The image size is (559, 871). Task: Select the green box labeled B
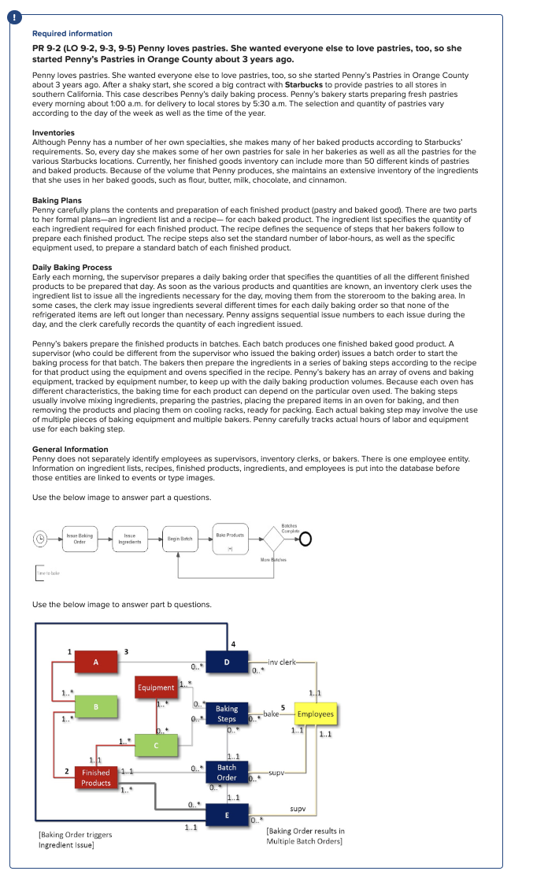96,706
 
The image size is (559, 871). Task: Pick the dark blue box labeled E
227,815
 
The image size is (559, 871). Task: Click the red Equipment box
156,687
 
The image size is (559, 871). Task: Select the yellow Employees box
314,714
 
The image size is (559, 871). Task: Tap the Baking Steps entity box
227,713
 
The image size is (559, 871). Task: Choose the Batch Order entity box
227,772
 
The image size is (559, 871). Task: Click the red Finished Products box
96,777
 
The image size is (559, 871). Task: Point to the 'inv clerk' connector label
282,662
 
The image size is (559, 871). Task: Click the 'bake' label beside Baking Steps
271,713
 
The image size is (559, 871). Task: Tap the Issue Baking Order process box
80,538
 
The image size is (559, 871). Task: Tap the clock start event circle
39,539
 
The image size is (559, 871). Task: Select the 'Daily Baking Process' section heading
72,267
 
